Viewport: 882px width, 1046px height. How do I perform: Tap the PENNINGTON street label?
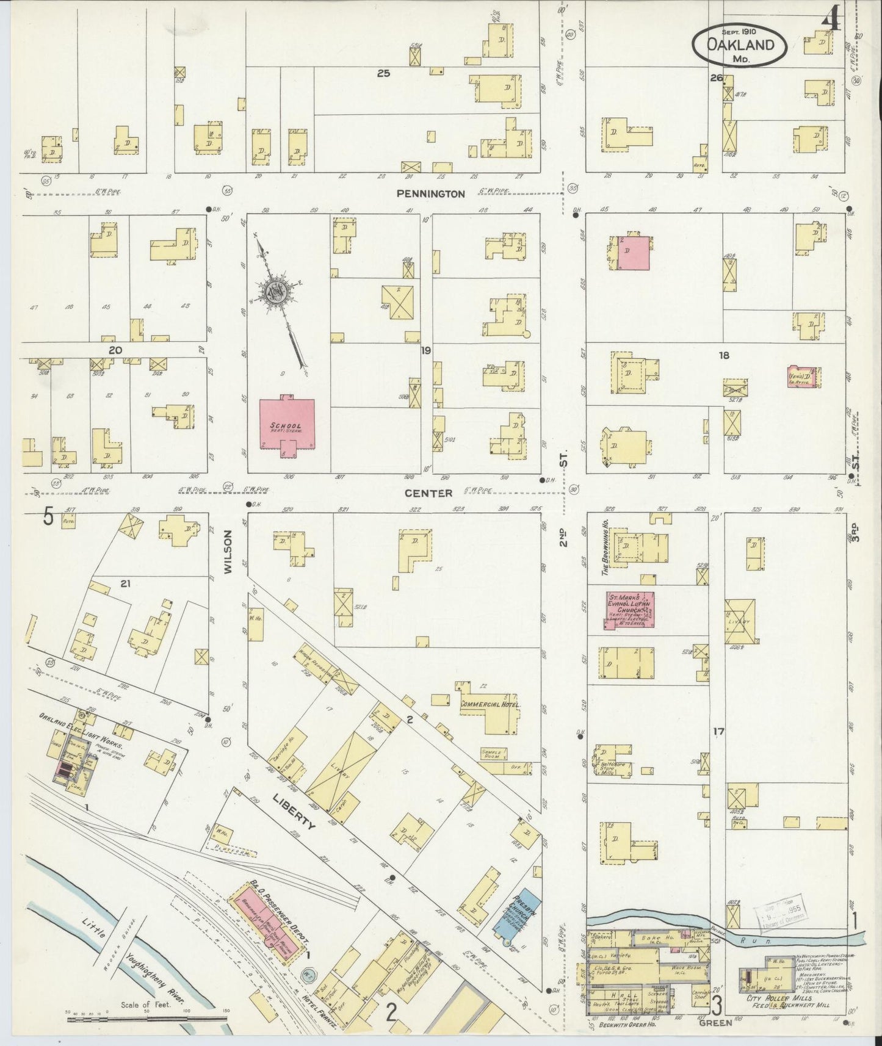430,194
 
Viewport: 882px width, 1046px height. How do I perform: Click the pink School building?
287,425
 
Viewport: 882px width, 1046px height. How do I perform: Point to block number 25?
383,74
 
